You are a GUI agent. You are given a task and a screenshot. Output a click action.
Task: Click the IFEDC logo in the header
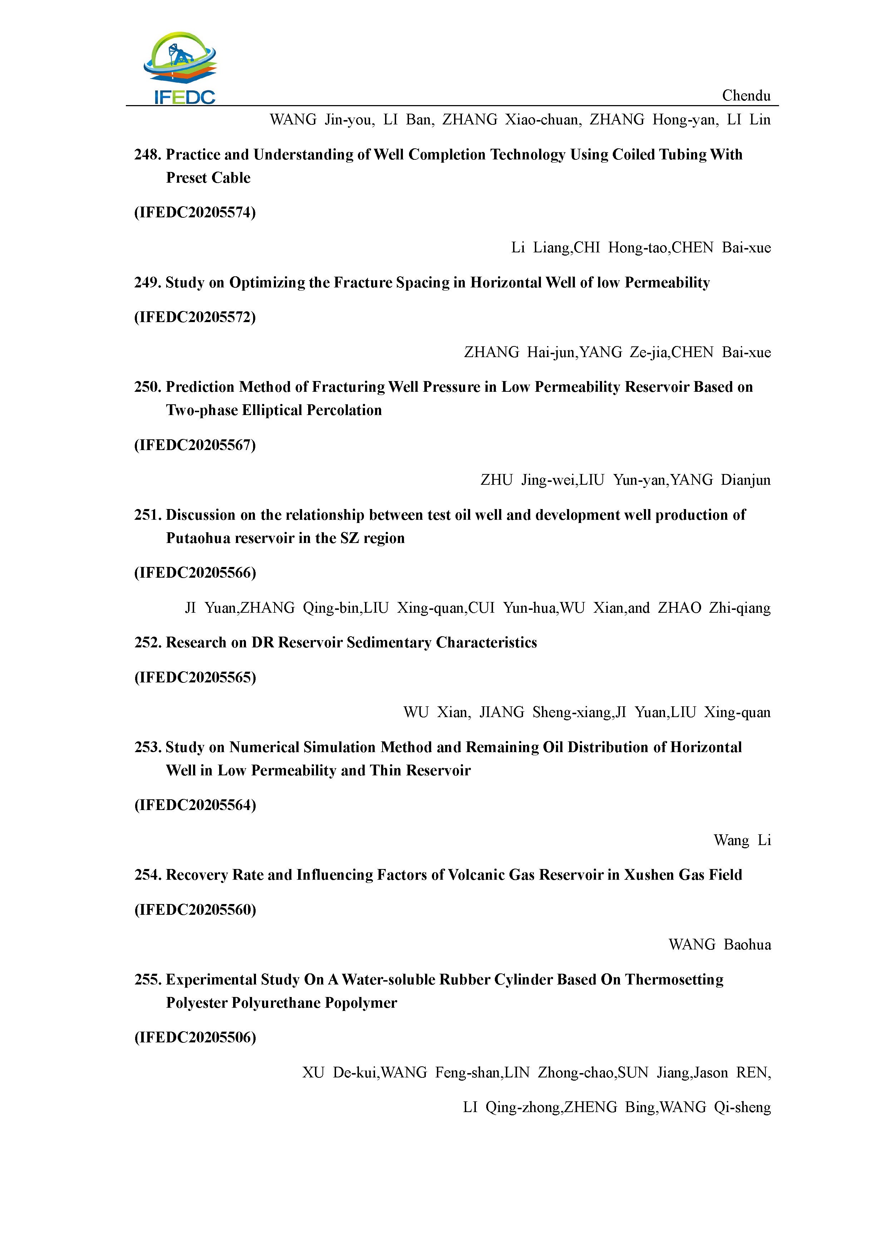click(180, 68)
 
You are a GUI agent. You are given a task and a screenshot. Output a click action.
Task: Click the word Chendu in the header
click(746, 96)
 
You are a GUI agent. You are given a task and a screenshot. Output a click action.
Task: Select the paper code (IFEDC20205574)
click(195, 212)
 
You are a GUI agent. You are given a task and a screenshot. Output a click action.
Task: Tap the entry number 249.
click(147, 283)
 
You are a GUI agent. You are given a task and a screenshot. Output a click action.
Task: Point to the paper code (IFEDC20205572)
click(195, 317)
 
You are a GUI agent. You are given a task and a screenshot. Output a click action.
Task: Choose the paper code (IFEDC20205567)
click(195, 445)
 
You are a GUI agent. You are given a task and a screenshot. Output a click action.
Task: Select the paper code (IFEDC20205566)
click(195, 573)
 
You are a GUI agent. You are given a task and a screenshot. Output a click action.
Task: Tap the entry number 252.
click(147, 643)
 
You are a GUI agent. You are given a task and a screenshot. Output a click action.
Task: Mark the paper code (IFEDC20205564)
click(195, 805)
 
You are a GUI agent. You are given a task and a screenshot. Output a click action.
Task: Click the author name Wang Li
click(742, 840)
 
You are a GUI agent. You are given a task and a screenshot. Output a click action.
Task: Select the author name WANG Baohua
click(719, 945)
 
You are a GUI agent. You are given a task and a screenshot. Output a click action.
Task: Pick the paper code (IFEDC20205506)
click(195, 1038)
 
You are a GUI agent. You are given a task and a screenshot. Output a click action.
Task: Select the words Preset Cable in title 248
click(208, 178)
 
